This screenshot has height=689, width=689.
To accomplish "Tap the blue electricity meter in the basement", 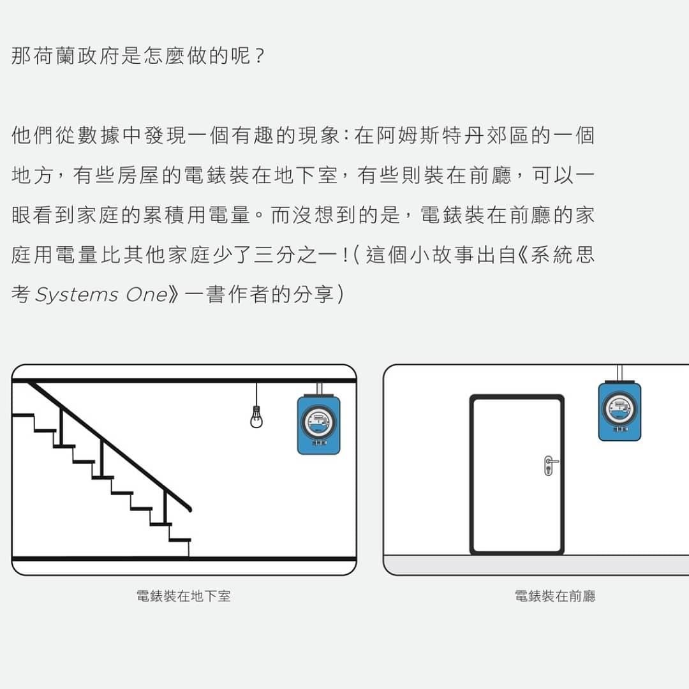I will (318, 425).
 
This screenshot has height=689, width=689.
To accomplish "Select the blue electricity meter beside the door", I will (619, 411).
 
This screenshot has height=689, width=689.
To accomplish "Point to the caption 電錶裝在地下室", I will (184, 596).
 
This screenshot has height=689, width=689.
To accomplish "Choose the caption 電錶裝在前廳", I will (555, 596).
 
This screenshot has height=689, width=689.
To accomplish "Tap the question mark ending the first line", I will (258, 56).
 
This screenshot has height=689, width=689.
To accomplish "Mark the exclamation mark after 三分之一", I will (345, 255).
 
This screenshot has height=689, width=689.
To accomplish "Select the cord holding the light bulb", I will (256, 394).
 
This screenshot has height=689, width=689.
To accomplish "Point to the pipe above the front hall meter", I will (619, 372).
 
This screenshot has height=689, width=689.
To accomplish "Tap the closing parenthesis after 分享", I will (341, 295).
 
